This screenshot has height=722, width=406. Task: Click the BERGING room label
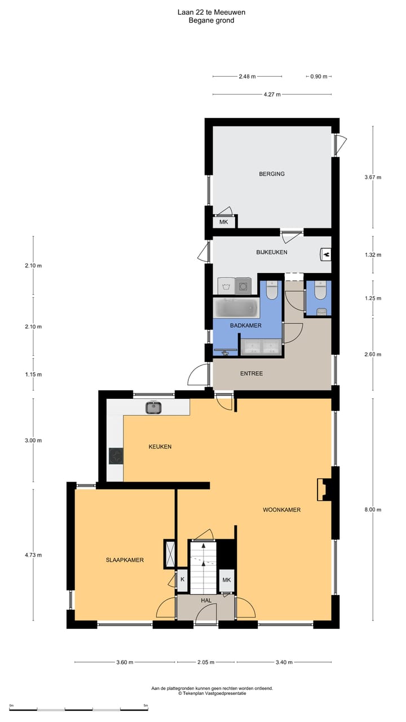click(x=272, y=174)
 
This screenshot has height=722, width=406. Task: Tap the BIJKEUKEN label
click(x=272, y=252)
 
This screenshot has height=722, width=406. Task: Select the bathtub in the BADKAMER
click(x=236, y=308)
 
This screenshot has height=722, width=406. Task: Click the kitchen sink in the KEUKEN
click(x=153, y=407)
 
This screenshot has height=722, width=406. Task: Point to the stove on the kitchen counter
click(x=116, y=455)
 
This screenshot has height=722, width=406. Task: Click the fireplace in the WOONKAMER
click(x=325, y=490)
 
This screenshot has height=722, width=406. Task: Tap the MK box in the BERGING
click(x=224, y=222)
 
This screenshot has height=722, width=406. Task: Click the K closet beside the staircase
click(x=182, y=579)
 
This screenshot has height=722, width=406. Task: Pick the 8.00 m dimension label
click(x=373, y=510)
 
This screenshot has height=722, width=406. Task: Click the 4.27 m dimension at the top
click(x=272, y=95)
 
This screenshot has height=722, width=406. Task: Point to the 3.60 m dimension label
click(x=125, y=662)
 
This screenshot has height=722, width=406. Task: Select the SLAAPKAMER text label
click(x=125, y=560)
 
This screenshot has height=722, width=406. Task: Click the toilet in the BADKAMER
click(x=272, y=290)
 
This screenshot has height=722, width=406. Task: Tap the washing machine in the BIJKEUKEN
click(x=244, y=286)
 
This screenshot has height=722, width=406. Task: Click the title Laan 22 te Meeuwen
click(x=211, y=12)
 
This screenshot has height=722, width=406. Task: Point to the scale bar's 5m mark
click(x=145, y=706)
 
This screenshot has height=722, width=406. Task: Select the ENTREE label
click(x=251, y=373)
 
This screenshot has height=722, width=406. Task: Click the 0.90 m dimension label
click(x=319, y=77)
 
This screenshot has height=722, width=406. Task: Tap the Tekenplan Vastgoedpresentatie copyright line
click(x=212, y=694)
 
